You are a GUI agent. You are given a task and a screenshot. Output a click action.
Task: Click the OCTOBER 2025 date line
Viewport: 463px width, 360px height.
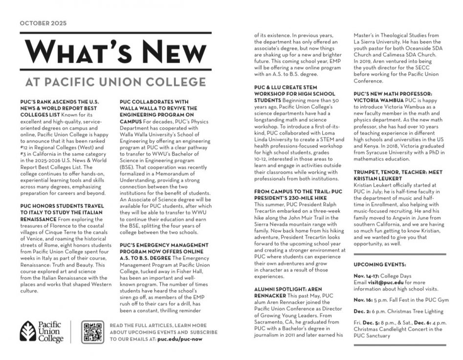[43, 23]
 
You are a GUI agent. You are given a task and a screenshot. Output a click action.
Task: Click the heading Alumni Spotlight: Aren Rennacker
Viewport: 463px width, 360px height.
[289, 292]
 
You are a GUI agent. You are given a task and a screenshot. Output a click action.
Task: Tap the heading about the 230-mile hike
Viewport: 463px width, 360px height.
[298, 194]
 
